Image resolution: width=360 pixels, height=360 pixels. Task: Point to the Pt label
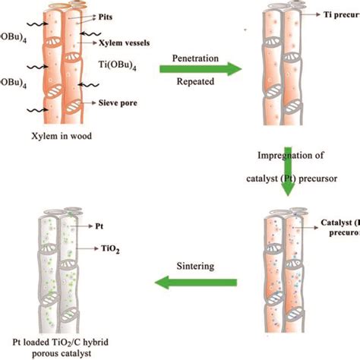(x=100, y=226)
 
